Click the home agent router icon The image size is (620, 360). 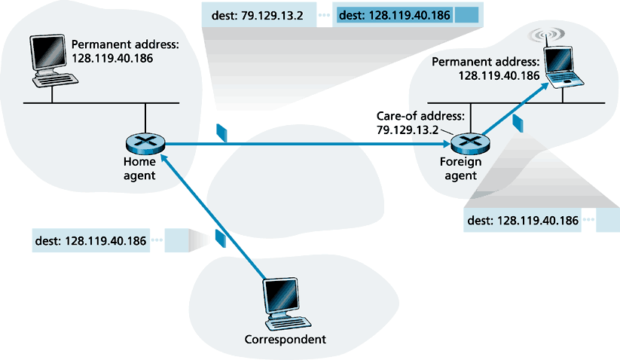(x=141, y=143)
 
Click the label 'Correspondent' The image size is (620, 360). (x=286, y=340)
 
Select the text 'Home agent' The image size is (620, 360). (x=140, y=168)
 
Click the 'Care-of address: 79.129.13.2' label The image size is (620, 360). (x=410, y=123)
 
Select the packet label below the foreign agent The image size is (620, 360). (x=523, y=221)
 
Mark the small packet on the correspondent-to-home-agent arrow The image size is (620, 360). (x=220, y=238)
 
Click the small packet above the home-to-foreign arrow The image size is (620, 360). (x=221, y=132)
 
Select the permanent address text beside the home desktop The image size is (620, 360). (x=124, y=50)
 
